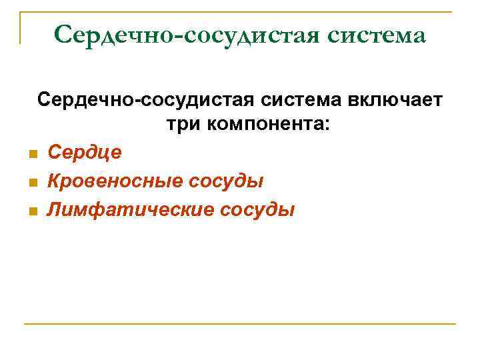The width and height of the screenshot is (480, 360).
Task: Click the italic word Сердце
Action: click(x=85, y=153)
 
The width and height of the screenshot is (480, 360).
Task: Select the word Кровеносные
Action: click(x=117, y=181)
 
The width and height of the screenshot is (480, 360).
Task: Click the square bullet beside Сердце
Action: click(x=31, y=155)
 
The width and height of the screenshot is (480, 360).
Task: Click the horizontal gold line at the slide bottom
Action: click(x=240, y=324)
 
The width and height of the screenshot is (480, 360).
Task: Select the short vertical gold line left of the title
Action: click(x=21, y=27)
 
